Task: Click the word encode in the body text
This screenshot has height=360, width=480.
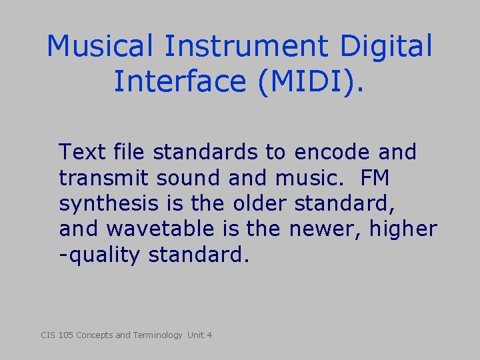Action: coord(331,152)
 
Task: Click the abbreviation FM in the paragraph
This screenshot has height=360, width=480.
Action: coord(377,178)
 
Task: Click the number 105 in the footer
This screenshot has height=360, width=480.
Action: coord(65,335)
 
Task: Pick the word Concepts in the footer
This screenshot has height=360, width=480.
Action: coord(95,335)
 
